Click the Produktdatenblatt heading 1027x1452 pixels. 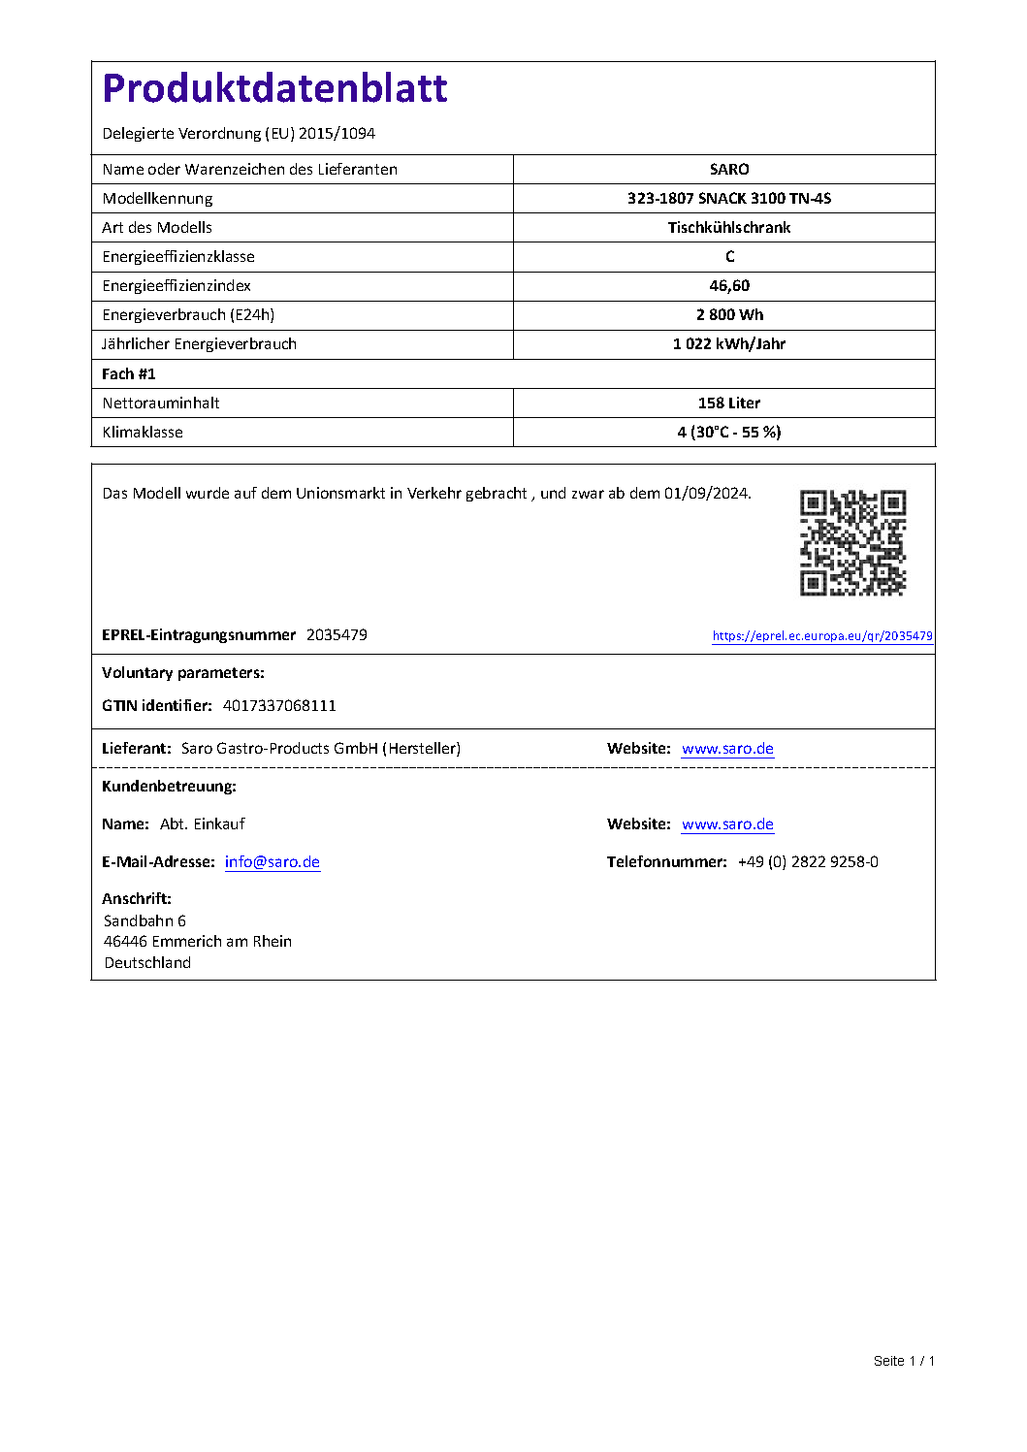[274, 88]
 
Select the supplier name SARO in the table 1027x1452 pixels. [729, 170]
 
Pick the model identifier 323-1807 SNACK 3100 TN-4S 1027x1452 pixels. [729, 199]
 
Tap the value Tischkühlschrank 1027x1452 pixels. [729, 228]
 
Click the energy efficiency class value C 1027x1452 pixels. [730, 257]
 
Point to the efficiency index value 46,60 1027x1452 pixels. [729, 286]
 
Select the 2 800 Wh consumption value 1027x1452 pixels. [729, 315]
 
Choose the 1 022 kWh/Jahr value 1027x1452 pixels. [729, 344]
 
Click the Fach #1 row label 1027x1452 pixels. [129, 374]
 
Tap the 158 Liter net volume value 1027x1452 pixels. [729, 403]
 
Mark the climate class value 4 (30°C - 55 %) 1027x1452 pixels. [729, 433]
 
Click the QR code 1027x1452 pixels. [852, 542]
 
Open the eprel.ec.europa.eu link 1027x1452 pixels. [822, 636]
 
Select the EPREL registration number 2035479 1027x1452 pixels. [337, 635]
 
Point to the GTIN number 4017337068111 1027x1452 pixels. [279, 706]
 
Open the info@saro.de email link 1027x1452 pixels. [273, 862]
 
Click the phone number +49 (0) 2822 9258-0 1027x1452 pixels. [808, 862]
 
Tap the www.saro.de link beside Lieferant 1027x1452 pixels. [727, 749]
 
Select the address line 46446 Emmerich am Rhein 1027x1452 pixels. [198, 942]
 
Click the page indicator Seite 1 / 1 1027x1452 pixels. [904, 1361]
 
